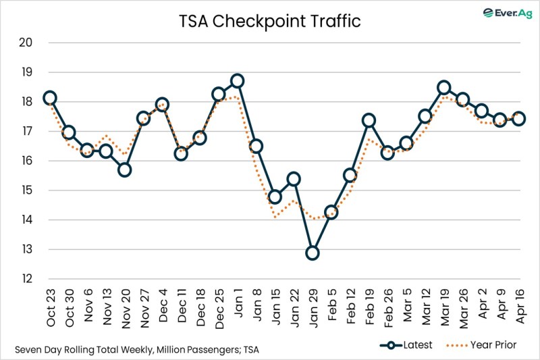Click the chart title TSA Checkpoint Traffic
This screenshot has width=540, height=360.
click(270, 21)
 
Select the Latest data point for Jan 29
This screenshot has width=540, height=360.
click(312, 253)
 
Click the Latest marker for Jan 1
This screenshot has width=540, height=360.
click(237, 81)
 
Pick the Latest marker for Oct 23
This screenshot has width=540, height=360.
click(49, 98)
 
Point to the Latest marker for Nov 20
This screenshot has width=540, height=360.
click(124, 170)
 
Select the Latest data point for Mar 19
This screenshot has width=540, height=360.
click(443, 88)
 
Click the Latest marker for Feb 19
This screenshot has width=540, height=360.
click(369, 121)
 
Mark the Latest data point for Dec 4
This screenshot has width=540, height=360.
click(162, 105)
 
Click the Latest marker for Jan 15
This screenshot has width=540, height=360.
click(275, 197)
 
